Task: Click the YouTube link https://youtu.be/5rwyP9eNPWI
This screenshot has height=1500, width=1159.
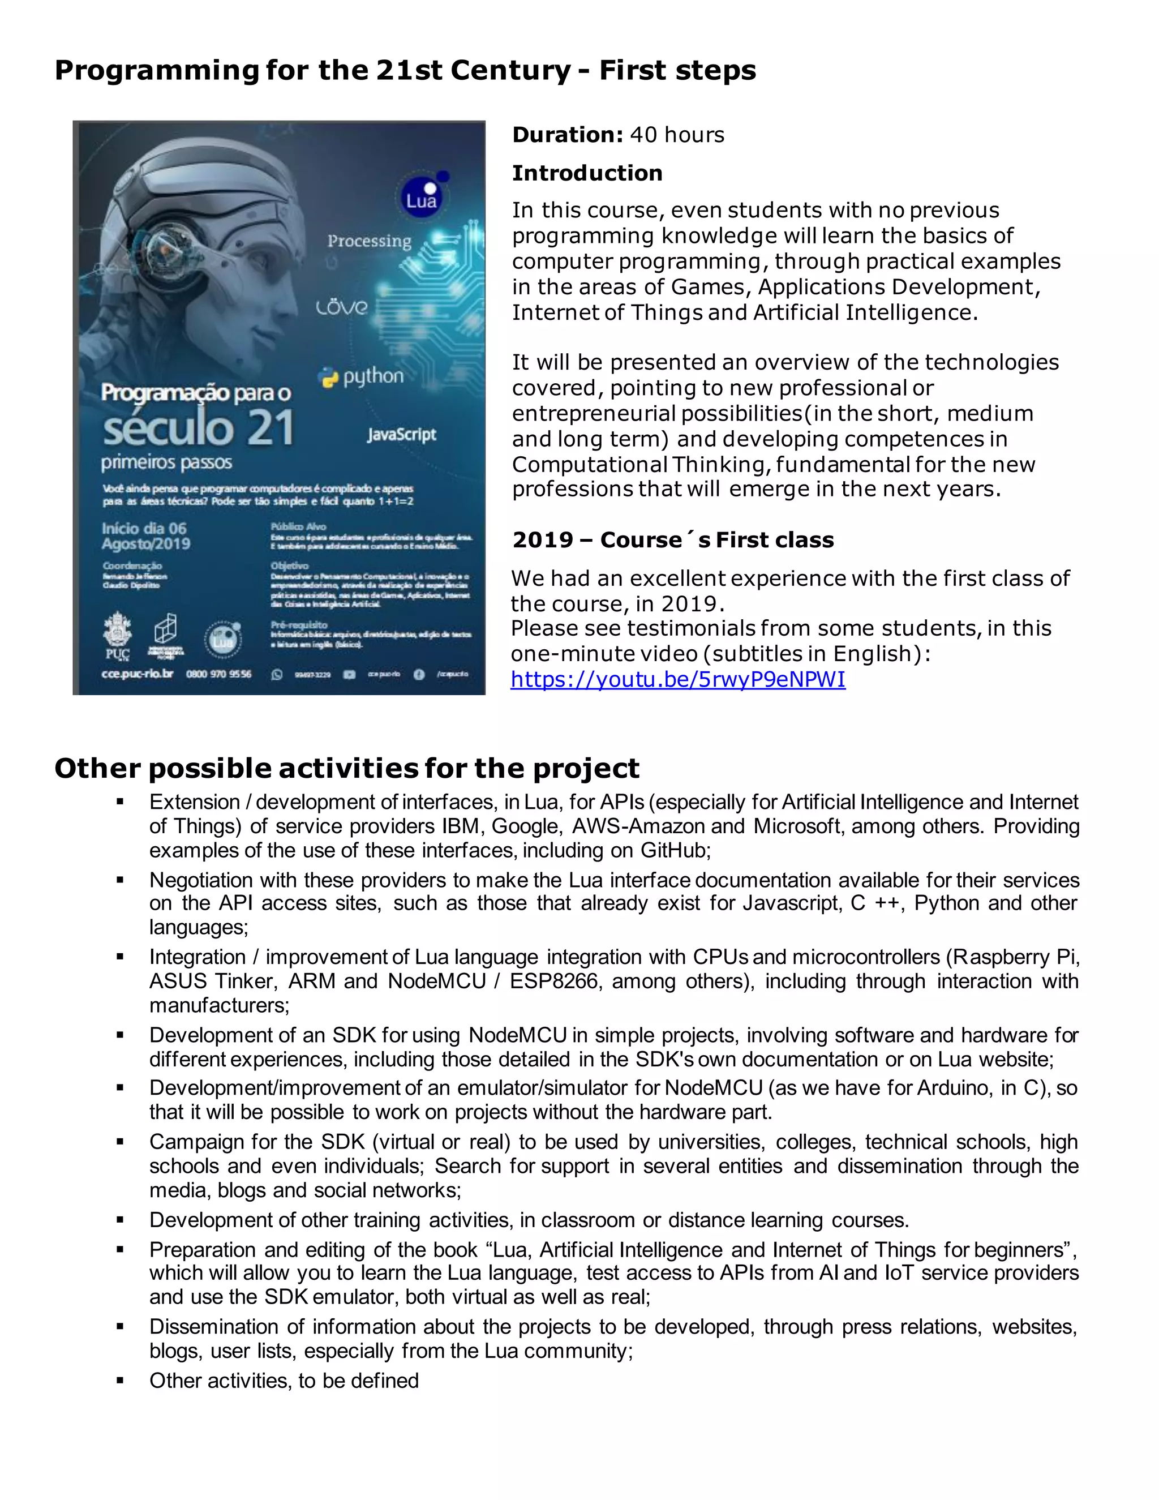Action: point(677,679)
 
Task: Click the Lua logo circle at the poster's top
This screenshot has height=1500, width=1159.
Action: point(421,199)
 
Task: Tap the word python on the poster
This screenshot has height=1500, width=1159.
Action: point(373,376)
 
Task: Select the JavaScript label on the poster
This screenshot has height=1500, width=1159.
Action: point(401,434)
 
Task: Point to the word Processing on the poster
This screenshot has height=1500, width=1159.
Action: point(369,241)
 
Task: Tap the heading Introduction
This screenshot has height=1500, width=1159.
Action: point(587,173)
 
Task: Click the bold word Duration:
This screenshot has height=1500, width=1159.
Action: point(567,135)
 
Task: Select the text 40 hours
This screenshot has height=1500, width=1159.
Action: point(677,135)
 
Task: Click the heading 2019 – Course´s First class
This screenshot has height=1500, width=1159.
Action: point(673,540)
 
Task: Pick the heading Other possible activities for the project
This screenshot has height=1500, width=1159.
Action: point(347,768)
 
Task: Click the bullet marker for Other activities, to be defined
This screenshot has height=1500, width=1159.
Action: point(120,1381)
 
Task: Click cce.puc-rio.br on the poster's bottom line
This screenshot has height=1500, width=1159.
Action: point(138,674)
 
